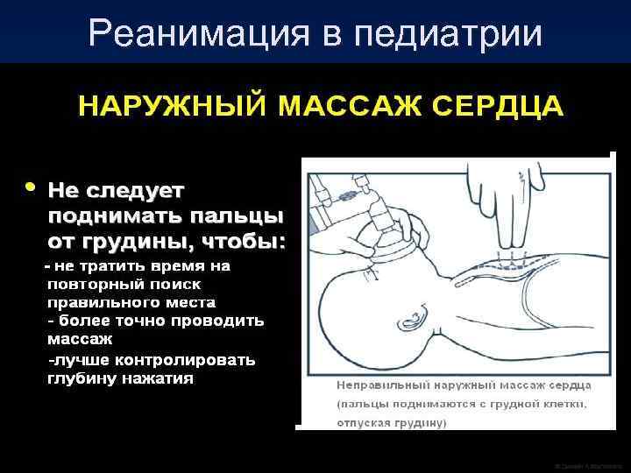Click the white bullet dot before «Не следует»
[32, 187]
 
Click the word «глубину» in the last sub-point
[82, 378]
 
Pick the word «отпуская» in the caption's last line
[362, 422]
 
